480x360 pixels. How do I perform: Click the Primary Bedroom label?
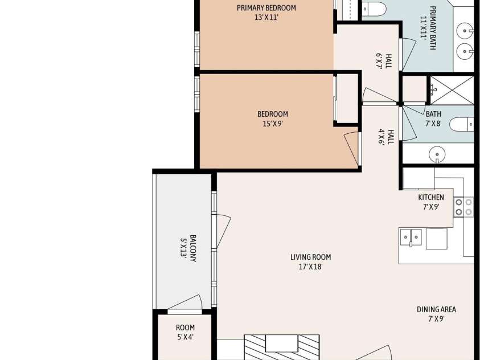click(x=266, y=7)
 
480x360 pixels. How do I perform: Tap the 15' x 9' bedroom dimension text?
click(x=272, y=124)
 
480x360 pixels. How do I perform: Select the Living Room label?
click(x=311, y=257)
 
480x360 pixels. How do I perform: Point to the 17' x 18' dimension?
click(x=311, y=267)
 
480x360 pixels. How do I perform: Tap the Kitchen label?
click(x=431, y=197)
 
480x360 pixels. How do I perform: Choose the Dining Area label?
click(x=437, y=309)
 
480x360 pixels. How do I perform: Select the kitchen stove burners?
click(x=463, y=207)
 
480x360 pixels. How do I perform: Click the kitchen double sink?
click(x=411, y=237)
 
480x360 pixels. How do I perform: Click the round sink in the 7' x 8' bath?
click(x=437, y=154)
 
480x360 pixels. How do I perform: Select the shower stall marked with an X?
click(x=452, y=90)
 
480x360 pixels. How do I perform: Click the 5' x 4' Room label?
click(x=185, y=328)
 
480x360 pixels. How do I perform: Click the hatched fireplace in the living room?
click(x=282, y=347)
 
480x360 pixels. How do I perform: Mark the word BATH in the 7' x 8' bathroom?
click(x=433, y=114)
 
